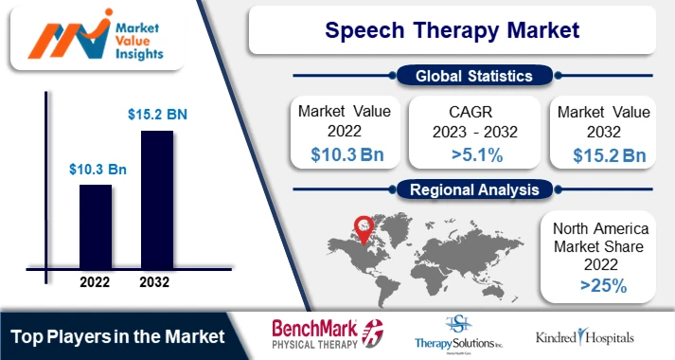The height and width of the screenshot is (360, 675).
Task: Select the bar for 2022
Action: point(95,227)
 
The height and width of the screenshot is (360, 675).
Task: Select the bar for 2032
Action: point(156,200)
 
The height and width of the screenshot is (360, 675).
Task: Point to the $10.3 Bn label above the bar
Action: point(98,170)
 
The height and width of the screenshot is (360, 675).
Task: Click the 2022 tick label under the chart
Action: point(96,282)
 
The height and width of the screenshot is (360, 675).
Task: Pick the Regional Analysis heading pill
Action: point(473,189)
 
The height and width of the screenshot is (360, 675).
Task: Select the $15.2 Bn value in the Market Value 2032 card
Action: point(603,154)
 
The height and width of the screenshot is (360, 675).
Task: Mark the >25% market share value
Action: point(603,284)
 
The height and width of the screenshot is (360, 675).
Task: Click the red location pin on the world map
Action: point(361,225)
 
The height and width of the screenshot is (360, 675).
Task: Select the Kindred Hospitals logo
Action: point(584,337)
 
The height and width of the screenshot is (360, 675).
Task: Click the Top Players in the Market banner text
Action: point(117,336)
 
